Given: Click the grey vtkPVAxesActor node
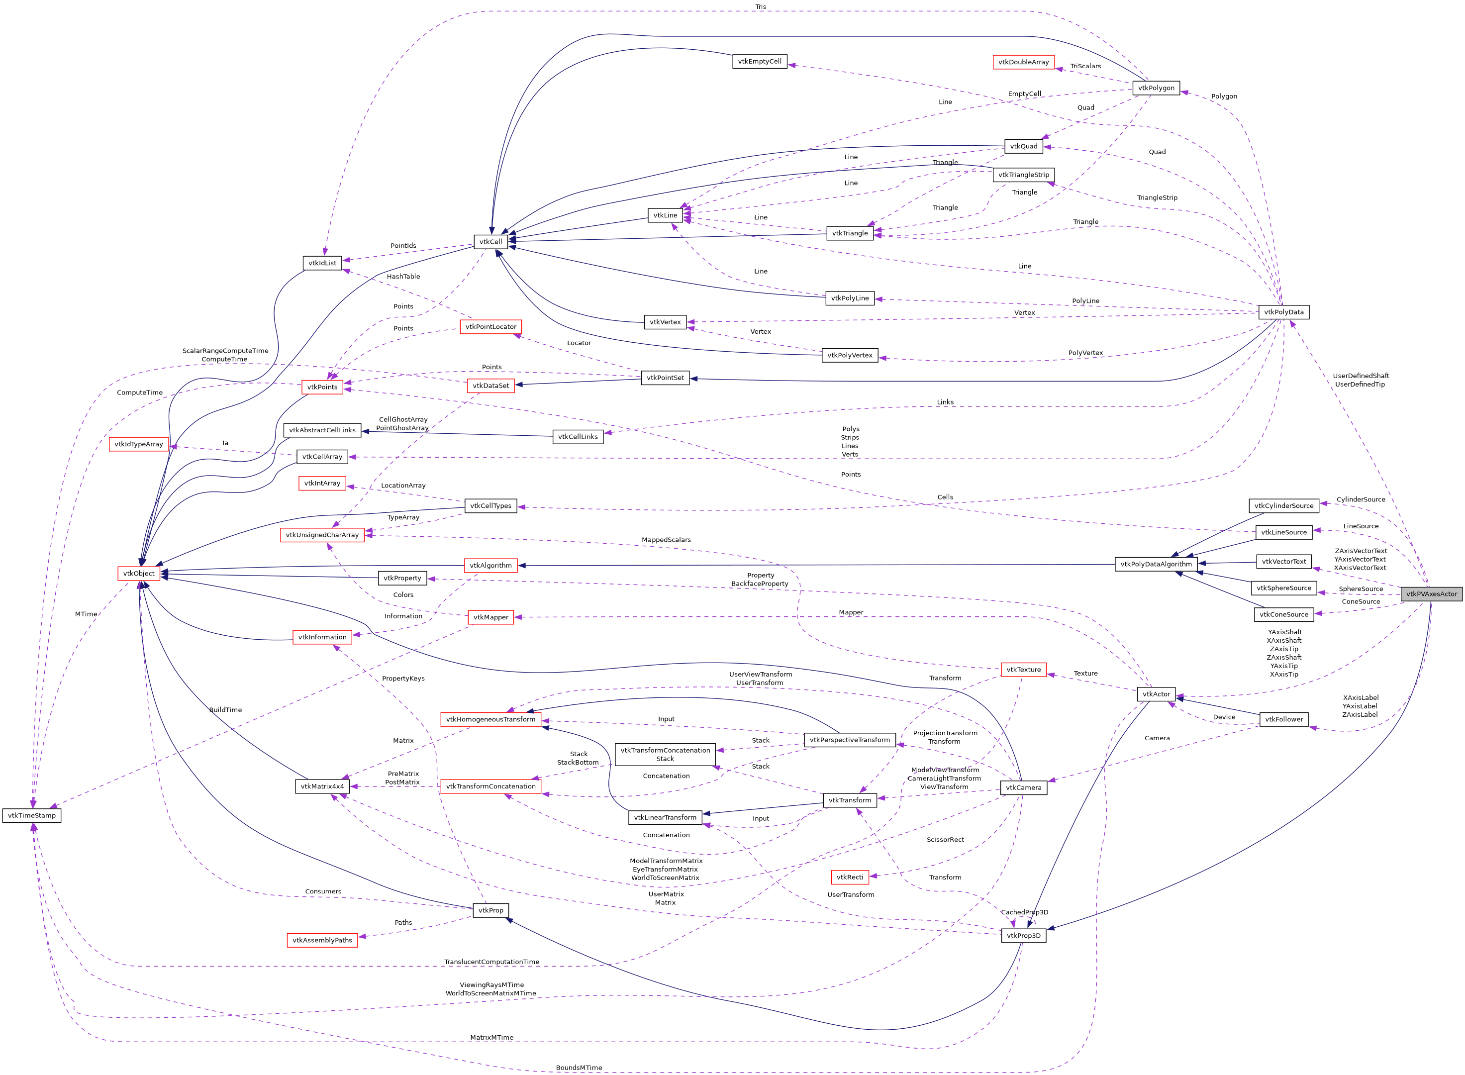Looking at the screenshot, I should point(1431,594).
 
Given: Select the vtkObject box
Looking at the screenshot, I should point(139,573).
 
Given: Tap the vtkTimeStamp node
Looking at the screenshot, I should point(32,815).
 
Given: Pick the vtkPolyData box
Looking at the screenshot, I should point(1283,312).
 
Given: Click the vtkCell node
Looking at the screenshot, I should point(490,241).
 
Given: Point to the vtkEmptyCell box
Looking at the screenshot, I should point(759,62).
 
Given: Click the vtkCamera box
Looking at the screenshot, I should point(1023,787).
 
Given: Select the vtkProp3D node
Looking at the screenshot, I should point(1023,936).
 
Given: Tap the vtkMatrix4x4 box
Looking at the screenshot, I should point(322,786).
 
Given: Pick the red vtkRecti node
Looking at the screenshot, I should point(850,877).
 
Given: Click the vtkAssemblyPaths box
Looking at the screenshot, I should point(322,940).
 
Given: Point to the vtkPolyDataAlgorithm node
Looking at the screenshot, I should point(1156,564).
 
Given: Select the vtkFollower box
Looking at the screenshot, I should point(1283,719).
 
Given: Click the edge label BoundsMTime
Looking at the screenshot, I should point(579,1068).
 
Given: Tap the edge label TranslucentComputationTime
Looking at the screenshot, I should point(491,962).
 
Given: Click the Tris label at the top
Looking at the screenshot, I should point(761,7).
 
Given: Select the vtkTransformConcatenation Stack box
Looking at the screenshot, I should point(665,755).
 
